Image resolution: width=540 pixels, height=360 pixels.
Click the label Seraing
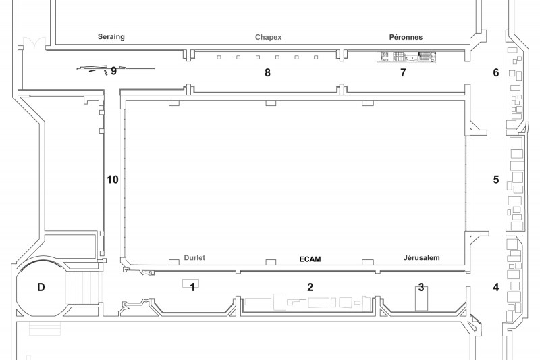pyautogui.click(x=111, y=37)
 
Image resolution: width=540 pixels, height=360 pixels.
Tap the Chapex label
pyautogui.click(x=268, y=37)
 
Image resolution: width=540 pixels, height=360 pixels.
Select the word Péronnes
pyautogui.click(x=406, y=37)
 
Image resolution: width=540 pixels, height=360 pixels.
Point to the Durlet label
pyautogui.click(x=194, y=258)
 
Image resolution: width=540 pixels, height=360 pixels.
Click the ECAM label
pyautogui.click(x=310, y=259)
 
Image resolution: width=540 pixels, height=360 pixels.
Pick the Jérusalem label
pyautogui.click(x=421, y=258)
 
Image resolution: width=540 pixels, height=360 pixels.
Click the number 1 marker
pyautogui.click(x=192, y=287)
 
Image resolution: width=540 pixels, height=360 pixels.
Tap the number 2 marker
pyautogui.click(x=310, y=287)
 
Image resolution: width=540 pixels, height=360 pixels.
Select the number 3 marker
pyautogui.click(x=421, y=287)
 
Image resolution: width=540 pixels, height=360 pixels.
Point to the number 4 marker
pyautogui.click(x=496, y=287)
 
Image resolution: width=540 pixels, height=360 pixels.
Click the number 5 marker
pyautogui.click(x=496, y=180)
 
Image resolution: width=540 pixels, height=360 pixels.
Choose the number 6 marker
pyautogui.click(x=496, y=72)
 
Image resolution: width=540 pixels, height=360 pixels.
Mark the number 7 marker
pyautogui.click(x=403, y=72)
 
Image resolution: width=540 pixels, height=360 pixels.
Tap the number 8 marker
pyautogui.click(x=267, y=72)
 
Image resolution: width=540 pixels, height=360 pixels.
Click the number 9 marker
pyautogui.click(x=113, y=72)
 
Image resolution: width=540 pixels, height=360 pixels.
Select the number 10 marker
pyautogui.click(x=113, y=180)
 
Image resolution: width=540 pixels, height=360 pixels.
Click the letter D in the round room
pyautogui.click(x=41, y=287)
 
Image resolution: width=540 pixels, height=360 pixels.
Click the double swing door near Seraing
pyautogui.click(x=34, y=44)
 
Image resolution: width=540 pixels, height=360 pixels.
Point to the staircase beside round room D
pyautogui.click(x=84, y=287)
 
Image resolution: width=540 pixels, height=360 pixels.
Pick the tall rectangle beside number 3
pyautogui.click(x=421, y=299)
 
